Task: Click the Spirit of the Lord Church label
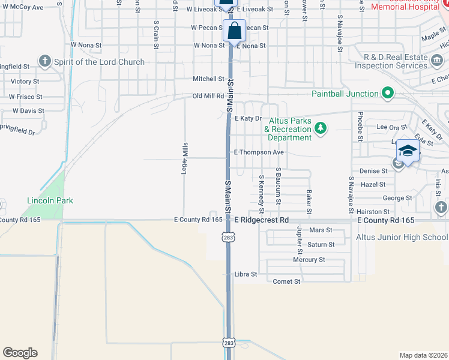[x=99, y=62]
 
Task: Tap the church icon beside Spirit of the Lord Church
[x=45, y=61]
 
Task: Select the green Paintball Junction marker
[x=388, y=93]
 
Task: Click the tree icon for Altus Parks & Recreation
[x=321, y=128]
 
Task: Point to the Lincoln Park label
[x=50, y=200]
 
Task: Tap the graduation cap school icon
[x=408, y=151]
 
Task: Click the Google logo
[x=20, y=353]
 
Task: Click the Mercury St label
[x=309, y=260]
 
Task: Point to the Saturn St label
[x=320, y=245]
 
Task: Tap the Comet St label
[x=286, y=281]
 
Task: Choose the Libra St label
[x=246, y=274]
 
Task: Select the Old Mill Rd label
[x=208, y=96]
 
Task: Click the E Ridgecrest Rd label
[x=262, y=220]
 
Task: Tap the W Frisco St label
[x=25, y=97]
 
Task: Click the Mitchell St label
[x=208, y=79]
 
